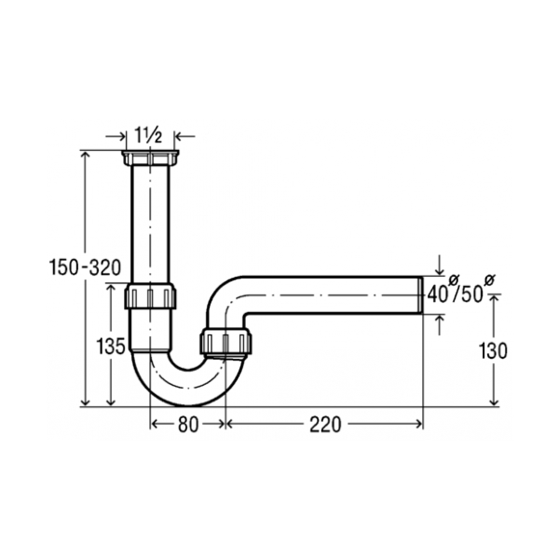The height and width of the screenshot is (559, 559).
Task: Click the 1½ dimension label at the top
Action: tap(149, 133)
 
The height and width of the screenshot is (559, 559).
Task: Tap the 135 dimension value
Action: tap(111, 347)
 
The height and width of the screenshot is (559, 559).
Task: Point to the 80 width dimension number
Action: tap(187, 424)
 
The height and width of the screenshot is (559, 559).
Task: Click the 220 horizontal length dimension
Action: tap(325, 424)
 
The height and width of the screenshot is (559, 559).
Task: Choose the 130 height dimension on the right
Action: tap(494, 351)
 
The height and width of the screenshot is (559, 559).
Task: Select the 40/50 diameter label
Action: tap(455, 294)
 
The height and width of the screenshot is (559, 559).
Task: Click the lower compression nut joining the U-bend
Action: tap(225, 343)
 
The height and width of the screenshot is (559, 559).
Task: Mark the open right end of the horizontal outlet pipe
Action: tap(421, 294)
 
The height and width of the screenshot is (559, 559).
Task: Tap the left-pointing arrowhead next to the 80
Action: tap(155, 424)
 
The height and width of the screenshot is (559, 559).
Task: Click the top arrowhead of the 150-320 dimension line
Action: tap(85, 155)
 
